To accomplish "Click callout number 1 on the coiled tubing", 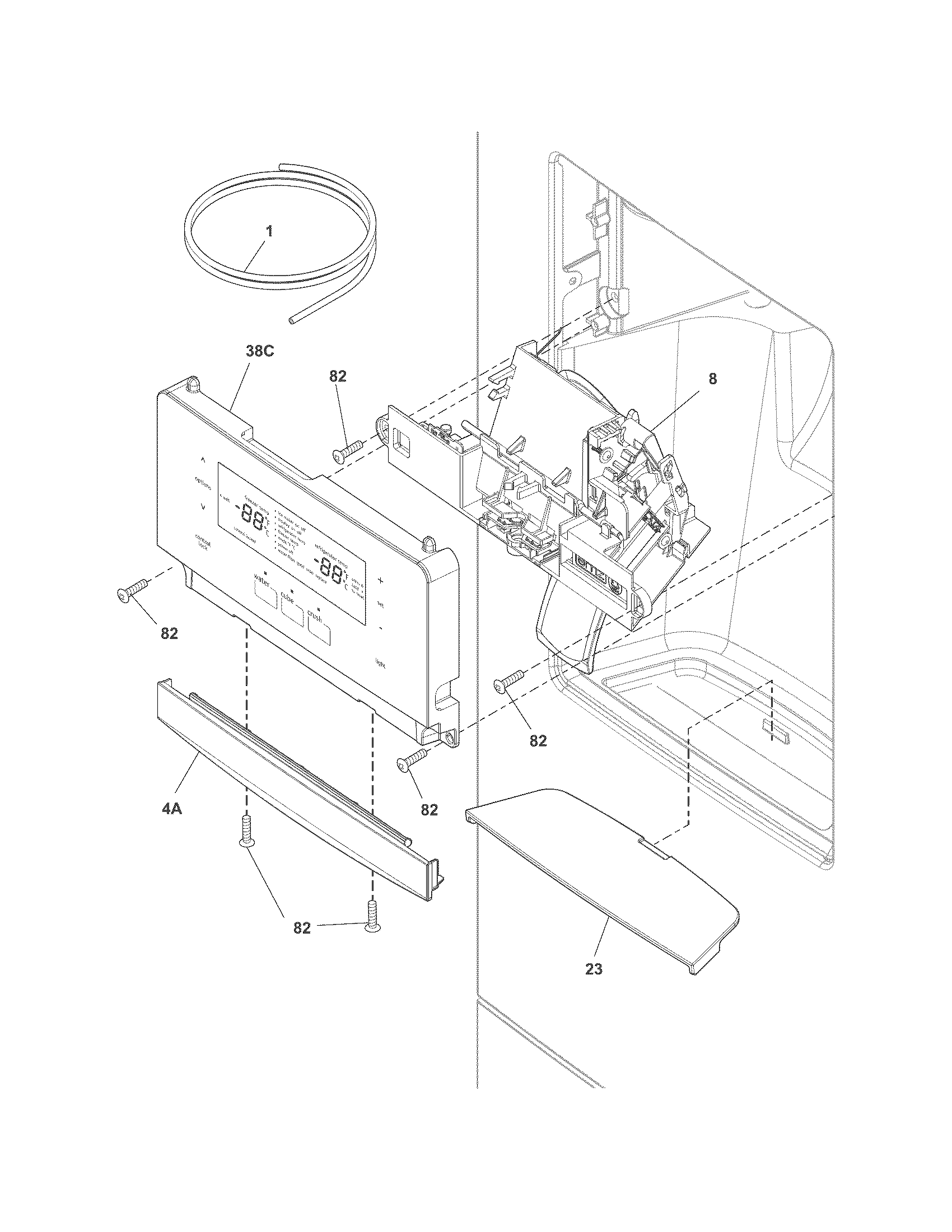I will [269, 231].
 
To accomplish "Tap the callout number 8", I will [713, 379].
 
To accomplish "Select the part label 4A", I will [171, 810].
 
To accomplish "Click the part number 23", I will [593, 969].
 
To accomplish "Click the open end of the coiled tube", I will [290, 320].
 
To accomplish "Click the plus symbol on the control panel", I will [380, 580].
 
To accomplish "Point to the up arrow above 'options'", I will [203, 459].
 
